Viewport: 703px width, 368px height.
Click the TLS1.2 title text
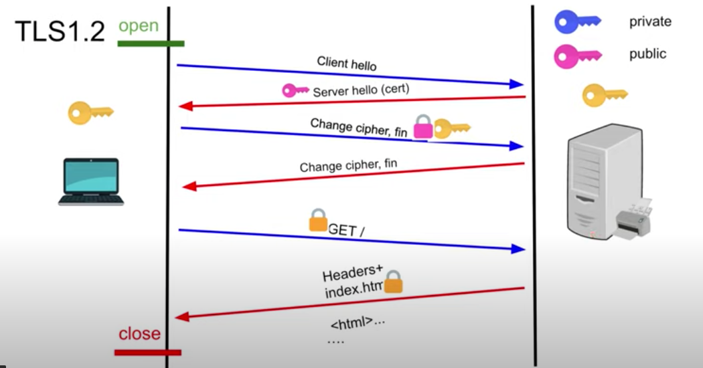pyautogui.click(x=60, y=31)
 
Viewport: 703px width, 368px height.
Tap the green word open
pyautogui.click(x=139, y=26)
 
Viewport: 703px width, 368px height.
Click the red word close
pyautogui.click(x=139, y=333)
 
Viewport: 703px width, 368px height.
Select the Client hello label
pyautogui.click(x=347, y=64)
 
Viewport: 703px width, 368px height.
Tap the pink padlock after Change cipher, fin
pyautogui.click(x=422, y=126)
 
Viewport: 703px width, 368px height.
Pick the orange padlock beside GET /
pyautogui.click(x=318, y=221)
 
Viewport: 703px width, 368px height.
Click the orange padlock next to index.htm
pyautogui.click(x=393, y=282)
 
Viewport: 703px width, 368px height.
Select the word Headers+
pyautogui.click(x=352, y=274)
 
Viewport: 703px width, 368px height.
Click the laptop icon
pyautogui.click(x=90, y=181)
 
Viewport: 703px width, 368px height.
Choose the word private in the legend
pyautogui.click(x=649, y=22)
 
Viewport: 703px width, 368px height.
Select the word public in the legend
pyautogui.click(x=647, y=54)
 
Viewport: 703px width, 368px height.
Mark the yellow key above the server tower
pyautogui.click(x=605, y=95)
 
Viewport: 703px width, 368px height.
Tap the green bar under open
pyautogui.click(x=151, y=43)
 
